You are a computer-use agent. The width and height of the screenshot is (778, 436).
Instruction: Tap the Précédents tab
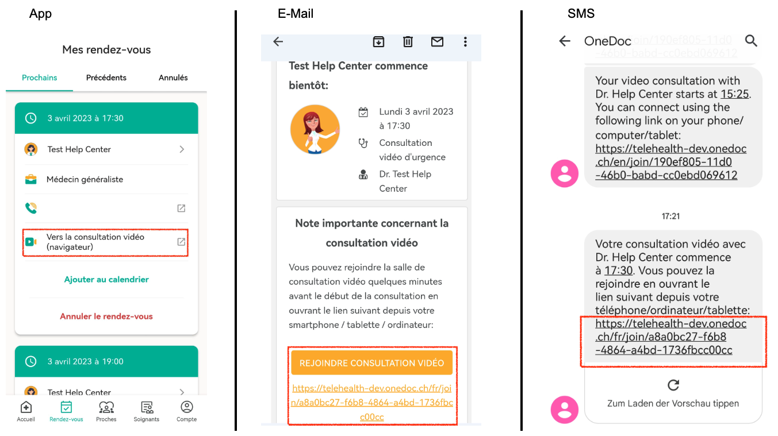click(106, 78)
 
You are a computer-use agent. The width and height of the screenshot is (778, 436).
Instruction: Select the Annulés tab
click(173, 78)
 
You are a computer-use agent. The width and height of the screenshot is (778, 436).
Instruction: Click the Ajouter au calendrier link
click(106, 279)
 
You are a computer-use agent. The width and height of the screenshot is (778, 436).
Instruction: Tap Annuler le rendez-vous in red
click(106, 317)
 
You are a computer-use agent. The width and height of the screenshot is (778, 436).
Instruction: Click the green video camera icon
click(31, 242)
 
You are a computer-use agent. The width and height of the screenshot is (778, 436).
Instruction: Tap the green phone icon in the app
click(31, 208)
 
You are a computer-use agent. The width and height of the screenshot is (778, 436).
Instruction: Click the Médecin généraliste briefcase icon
click(31, 179)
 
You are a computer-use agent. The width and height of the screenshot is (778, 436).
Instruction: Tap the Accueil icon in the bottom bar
click(26, 407)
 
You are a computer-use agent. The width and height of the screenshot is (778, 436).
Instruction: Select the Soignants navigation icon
click(147, 407)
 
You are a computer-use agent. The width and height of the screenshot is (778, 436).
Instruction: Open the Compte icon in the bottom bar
click(187, 407)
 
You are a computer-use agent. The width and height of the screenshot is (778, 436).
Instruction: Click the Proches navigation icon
click(106, 407)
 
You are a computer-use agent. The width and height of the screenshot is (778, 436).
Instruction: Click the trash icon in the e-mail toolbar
click(408, 42)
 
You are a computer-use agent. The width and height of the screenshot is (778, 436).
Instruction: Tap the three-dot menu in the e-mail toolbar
click(465, 42)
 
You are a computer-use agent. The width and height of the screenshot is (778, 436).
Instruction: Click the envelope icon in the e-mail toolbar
click(437, 42)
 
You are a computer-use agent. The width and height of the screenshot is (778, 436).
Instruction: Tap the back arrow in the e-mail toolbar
click(278, 41)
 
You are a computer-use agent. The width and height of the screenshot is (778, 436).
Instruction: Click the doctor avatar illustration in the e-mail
click(315, 129)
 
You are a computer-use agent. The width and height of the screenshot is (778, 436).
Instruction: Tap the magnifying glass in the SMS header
click(751, 41)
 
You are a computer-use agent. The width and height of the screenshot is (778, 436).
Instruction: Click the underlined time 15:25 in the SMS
click(734, 94)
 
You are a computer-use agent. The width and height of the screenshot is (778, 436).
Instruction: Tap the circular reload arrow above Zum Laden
click(673, 385)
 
